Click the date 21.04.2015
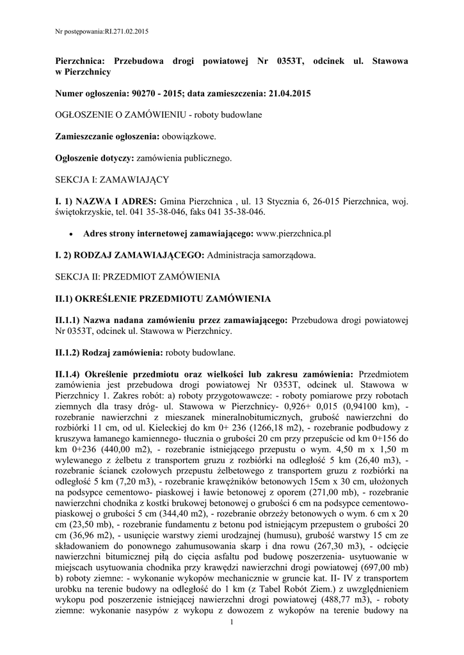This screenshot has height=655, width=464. [287, 93]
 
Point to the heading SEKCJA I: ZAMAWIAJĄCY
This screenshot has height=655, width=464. [111, 179]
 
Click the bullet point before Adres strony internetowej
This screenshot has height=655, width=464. [70, 234]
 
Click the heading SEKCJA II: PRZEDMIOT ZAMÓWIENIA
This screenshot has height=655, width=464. [138, 277]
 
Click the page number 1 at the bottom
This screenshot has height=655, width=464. [232, 622]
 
